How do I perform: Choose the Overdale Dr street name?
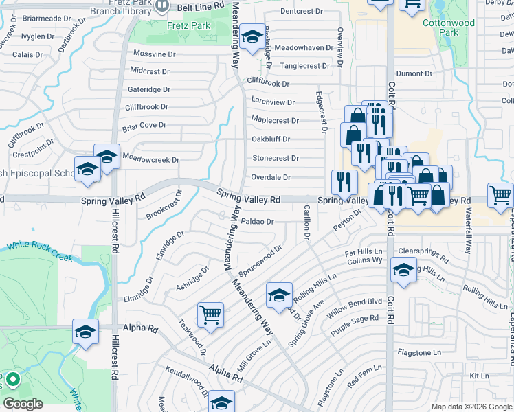[x=271, y=177]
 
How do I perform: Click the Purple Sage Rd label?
[x=355, y=323]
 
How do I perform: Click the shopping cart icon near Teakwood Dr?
[x=210, y=314]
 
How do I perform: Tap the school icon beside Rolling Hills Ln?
[x=279, y=295]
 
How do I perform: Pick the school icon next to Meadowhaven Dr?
[x=253, y=38]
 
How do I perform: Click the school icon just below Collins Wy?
[x=403, y=269]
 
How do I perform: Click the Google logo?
[x=23, y=404]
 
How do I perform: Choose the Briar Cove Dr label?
[x=144, y=125]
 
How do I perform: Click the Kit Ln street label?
[x=478, y=376]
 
